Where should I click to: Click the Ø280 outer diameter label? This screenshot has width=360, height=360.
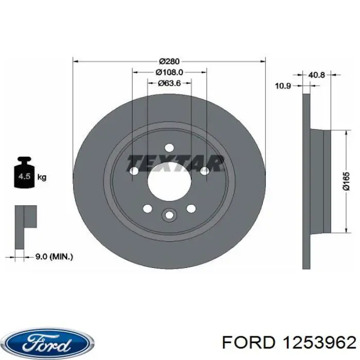pos(169,61)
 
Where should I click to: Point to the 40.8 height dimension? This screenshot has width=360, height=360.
pos(316,75)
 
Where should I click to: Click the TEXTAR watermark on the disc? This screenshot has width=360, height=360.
pos(175,163)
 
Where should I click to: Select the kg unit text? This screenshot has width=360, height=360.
pos(42,177)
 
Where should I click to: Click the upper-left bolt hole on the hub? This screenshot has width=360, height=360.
pos(134,171)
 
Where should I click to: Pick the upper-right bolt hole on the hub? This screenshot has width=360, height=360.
pos(204,171)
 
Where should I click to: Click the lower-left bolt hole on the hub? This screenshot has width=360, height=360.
pos(147,208)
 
